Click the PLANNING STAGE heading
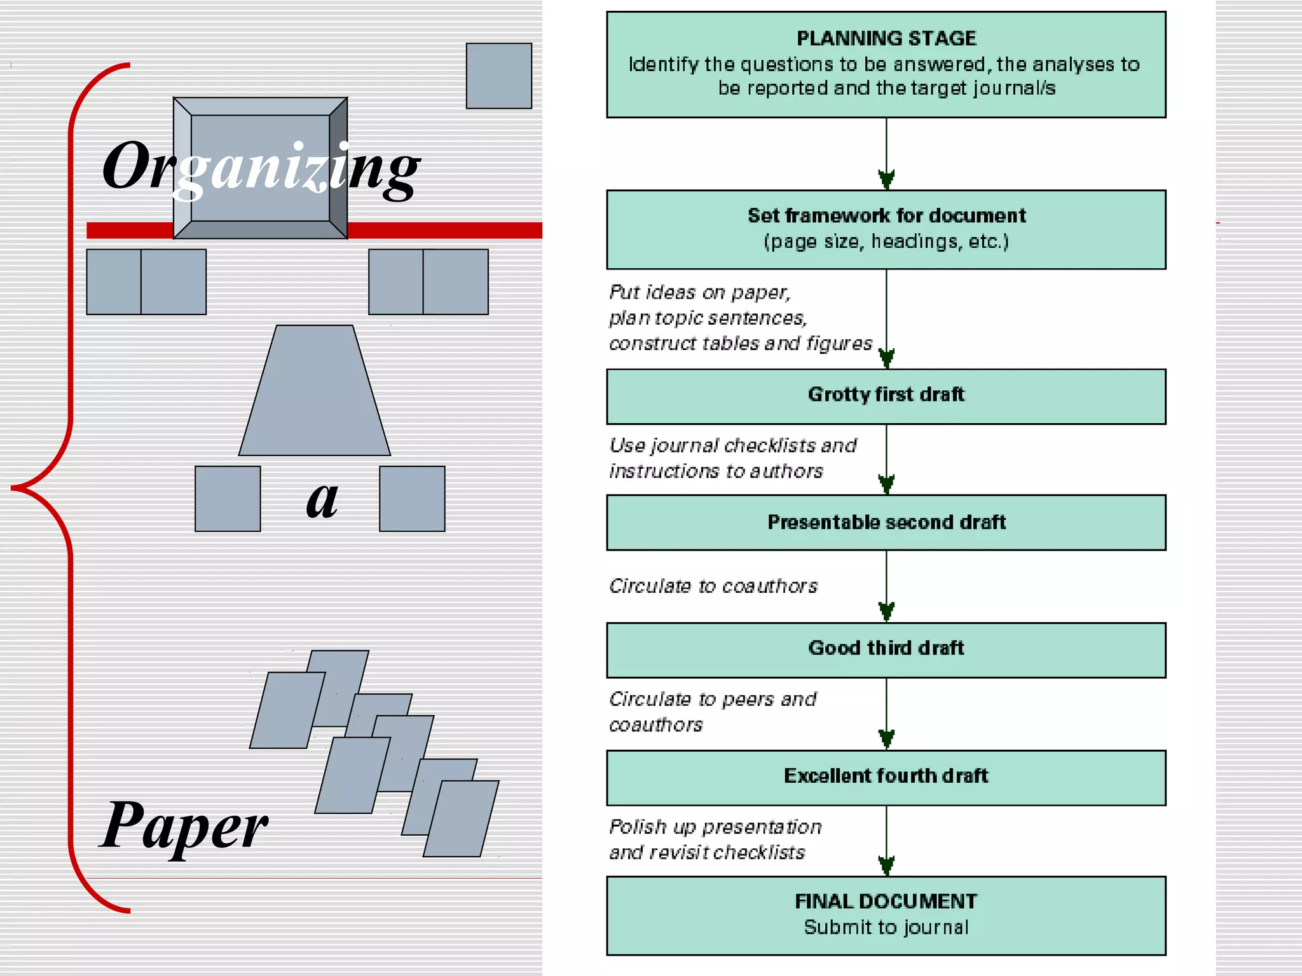click(x=886, y=39)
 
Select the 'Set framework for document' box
click(x=886, y=229)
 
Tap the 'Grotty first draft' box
click(x=886, y=396)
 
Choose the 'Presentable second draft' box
click(x=886, y=522)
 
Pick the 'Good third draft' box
click(x=886, y=649)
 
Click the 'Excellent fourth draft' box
click(x=886, y=776)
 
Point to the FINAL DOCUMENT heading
click(x=886, y=901)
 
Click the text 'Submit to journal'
click(x=886, y=928)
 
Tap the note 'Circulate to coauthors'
click(x=713, y=586)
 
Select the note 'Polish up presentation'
click(x=715, y=827)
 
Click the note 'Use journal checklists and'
click(x=732, y=445)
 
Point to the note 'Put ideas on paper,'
click(x=700, y=292)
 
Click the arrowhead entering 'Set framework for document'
click(x=886, y=180)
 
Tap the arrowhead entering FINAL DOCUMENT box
click(x=886, y=866)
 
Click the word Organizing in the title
click(x=261, y=166)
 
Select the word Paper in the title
click(x=184, y=826)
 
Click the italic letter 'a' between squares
click(x=322, y=499)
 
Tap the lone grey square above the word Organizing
click(x=498, y=76)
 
